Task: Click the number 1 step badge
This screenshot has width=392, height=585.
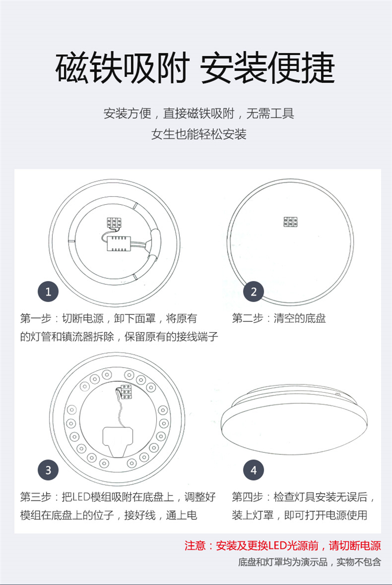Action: point(48,291)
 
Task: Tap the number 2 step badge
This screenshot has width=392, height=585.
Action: point(253,291)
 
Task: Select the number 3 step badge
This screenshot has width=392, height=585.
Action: point(48,470)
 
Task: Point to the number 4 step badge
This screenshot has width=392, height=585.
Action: point(253,470)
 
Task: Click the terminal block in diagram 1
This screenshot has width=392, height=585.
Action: point(114,223)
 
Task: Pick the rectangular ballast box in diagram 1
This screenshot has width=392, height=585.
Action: point(118,243)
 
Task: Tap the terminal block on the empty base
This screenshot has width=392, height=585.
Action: point(290,222)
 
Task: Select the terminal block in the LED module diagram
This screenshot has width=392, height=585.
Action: point(126,392)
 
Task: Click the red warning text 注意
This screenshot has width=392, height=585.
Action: point(195,546)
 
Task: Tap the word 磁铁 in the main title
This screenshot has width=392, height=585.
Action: point(89,68)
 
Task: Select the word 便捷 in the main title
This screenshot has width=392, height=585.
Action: point(301,68)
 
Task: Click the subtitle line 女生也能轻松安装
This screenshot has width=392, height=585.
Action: point(199,134)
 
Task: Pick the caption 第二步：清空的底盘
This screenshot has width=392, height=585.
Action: point(279,318)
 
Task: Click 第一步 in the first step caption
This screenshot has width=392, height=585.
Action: point(36,318)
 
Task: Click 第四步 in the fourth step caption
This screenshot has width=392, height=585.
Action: point(248,497)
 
